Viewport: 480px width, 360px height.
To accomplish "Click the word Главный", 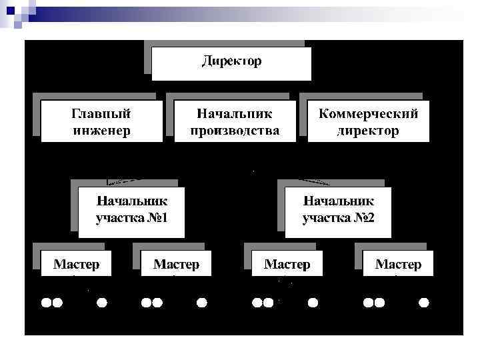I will pyautogui.click(x=101, y=114).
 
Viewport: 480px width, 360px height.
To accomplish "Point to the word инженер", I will pyautogui.click(x=101, y=130).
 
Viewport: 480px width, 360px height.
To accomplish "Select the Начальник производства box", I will pyautogui.click(x=235, y=121).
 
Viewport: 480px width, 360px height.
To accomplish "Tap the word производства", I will pyautogui.click(x=235, y=130).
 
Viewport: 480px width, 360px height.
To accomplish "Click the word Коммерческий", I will pyautogui.click(x=368, y=114).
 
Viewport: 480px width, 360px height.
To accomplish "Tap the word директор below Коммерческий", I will pyautogui.click(x=368, y=130).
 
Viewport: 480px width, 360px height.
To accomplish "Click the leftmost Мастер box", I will pyautogui.click(x=77, y=264).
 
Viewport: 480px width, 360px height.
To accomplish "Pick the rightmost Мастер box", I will pyautogui.click(x=398, y=264).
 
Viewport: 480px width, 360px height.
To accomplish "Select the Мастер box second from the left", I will pyautogui.click(x=176, y=264).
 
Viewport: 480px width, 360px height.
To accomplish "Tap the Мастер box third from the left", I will pyautogui.click(x=287, y=264).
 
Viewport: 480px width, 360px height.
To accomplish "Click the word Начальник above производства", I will pyautogui.click(x=235, y=114).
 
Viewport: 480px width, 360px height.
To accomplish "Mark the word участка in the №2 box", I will pyautogui.click(x=325, y=217).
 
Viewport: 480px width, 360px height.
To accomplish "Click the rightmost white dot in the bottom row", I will pyautogui.click(x=423, y=303).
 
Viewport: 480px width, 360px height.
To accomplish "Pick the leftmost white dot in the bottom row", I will pyautogui.click(x=47, y=303).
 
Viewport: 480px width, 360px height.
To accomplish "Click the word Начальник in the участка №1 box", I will pyautogui.click(x=131, y=201).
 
